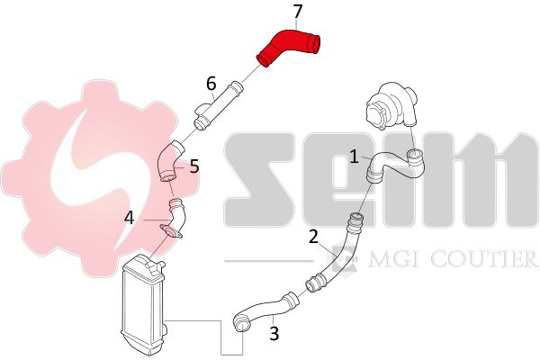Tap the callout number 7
tap(298, 11)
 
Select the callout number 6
tap(211, 84)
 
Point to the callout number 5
tap(194, 166)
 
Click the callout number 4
tap(129, 218)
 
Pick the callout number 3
tap(274, 334)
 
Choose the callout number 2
tap(313, 237)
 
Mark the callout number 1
tap(354, 157)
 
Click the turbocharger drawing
tap(391, 105)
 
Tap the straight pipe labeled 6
tap(218, 106)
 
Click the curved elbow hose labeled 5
tap(170, 162)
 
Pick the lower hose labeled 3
tap(265, 309)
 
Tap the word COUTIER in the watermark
tap(484, 259)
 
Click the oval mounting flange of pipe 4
tap(171, 231)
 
